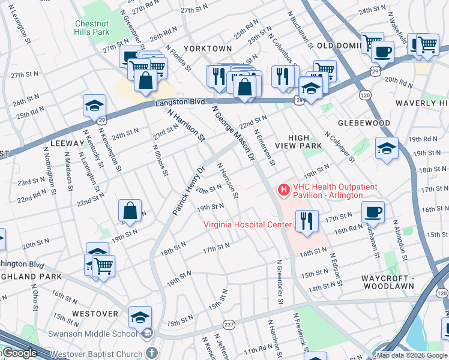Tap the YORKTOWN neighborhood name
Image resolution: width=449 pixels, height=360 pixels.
(x=208, y=48)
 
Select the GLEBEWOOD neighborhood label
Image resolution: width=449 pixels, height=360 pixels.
(x=364, y=123)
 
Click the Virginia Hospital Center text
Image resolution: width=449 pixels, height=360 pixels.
(x=248, y=226)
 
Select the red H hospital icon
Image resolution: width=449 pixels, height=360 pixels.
(x=283, y=190)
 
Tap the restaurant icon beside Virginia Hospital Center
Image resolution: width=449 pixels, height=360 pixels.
(x=306, y=221)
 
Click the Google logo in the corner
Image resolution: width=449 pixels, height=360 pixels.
(x=20, y=353)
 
